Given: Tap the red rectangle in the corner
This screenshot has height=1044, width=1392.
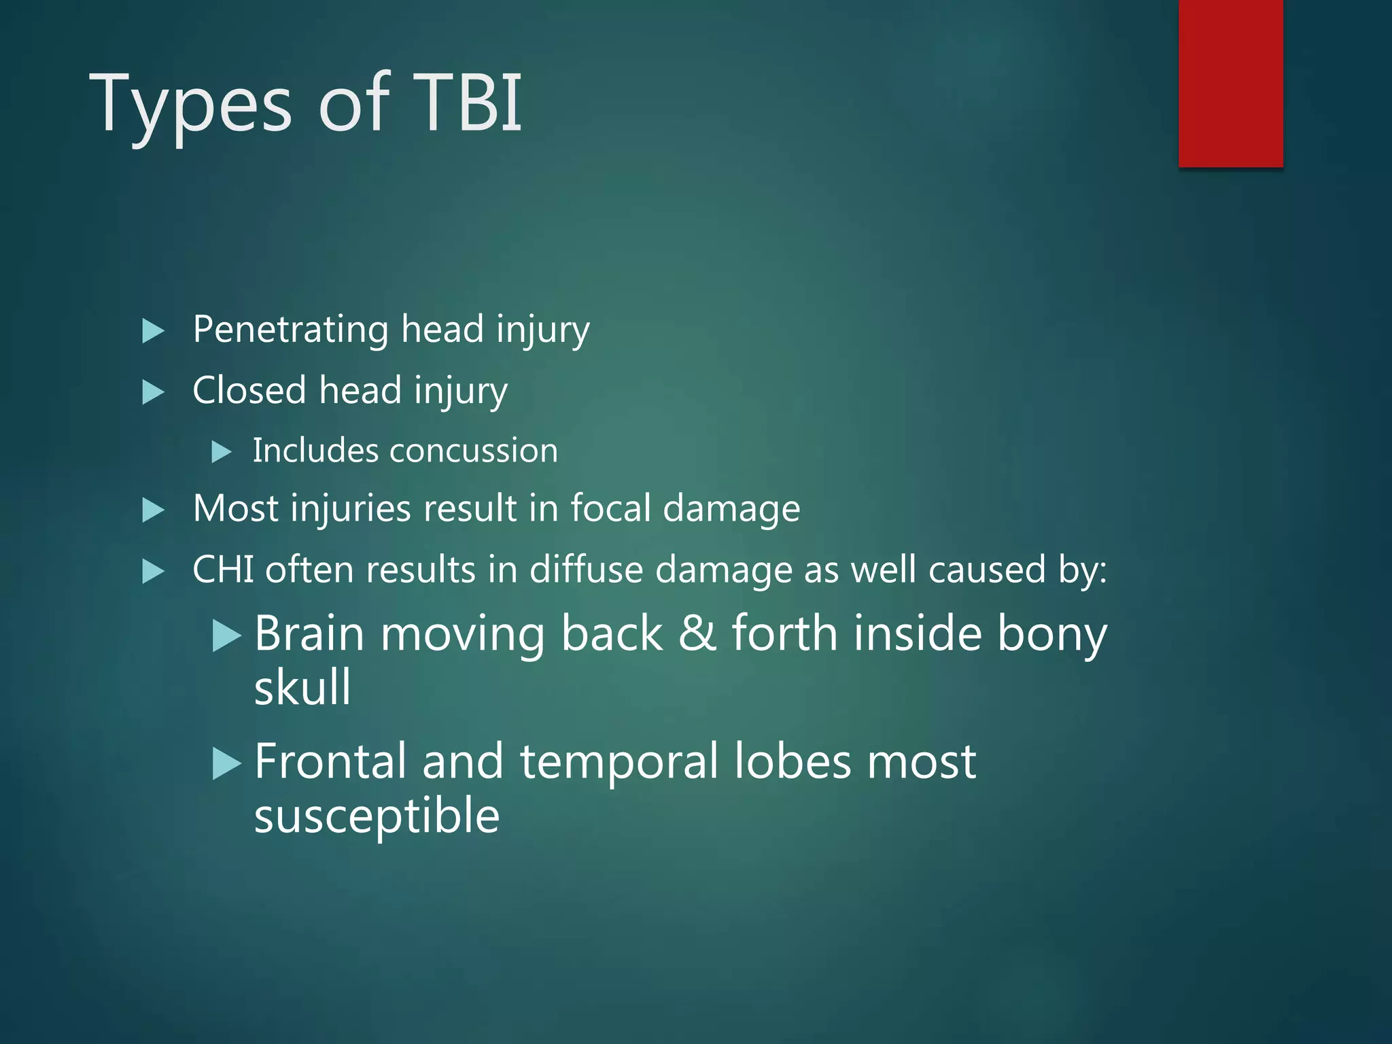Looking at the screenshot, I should pyautogui.click(x=1230, y=83).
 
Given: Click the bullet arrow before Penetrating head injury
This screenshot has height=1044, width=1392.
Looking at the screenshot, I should pyautogui.click(x=153, y=332).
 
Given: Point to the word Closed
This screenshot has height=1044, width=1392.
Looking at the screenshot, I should pyautogui.click(x=249, y=391).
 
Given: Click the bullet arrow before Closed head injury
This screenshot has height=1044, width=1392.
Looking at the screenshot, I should pyautogui.click(x=153, y=392).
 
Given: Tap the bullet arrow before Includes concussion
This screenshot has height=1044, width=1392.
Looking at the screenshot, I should pyautogui.click(x=222, y=452).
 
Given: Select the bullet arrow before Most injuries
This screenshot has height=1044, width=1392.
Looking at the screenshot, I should pyautogui.click(x=153, y=510).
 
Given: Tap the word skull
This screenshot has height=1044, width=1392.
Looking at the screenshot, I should pyautogui.click(x=302, y=687).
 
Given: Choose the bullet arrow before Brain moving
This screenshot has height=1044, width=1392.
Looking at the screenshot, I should pyautogui.click(x=226, y=636).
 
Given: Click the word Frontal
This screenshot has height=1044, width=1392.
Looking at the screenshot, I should pyautogui.click(x=330, y=761).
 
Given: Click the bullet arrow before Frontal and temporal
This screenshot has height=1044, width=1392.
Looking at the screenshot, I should pyautogui.click(x=226, y=763).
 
